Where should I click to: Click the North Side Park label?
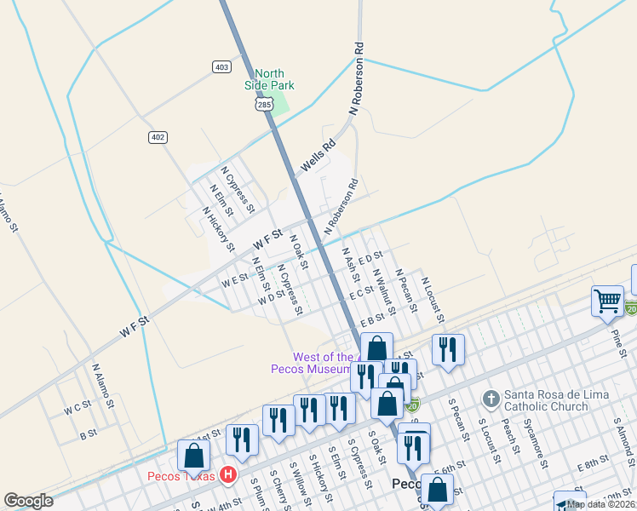[x=269, y=79]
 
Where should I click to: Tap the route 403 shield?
[x=221, y=66]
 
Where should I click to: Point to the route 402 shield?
[x=158, y=137]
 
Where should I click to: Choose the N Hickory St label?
[x=219, y=229]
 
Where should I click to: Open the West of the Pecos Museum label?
[x=311, y=363]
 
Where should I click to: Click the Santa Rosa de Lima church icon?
[x=491, y=399]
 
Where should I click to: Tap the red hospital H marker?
[x=227, y=475]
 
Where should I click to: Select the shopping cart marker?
[x=607, y=300]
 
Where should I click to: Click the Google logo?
[x=29, y=501]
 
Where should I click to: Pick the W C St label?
[x=77, y=409]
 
